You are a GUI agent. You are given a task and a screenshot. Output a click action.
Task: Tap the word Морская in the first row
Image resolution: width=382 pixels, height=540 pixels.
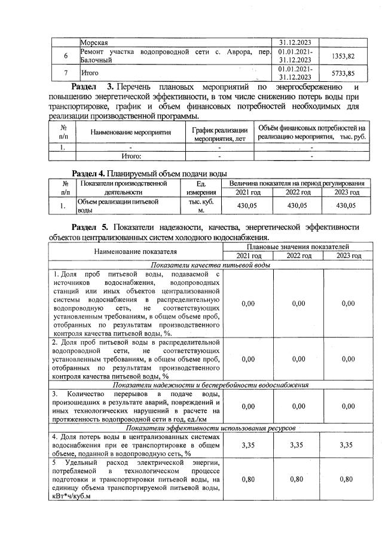94,42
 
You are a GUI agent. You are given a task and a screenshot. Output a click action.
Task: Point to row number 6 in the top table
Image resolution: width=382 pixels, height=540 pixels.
65,56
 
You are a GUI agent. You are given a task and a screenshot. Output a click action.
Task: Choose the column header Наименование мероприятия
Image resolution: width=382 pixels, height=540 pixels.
131,132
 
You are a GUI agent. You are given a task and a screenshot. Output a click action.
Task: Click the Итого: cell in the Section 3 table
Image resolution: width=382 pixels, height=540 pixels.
131,156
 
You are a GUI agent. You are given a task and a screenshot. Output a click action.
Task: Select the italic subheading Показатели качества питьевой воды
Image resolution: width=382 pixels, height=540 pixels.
210,265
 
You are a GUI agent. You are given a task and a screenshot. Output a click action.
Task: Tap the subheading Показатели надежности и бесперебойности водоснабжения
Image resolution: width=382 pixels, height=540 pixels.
210,385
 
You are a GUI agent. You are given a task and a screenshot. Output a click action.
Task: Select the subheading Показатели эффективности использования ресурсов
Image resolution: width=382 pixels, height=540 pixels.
210,428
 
